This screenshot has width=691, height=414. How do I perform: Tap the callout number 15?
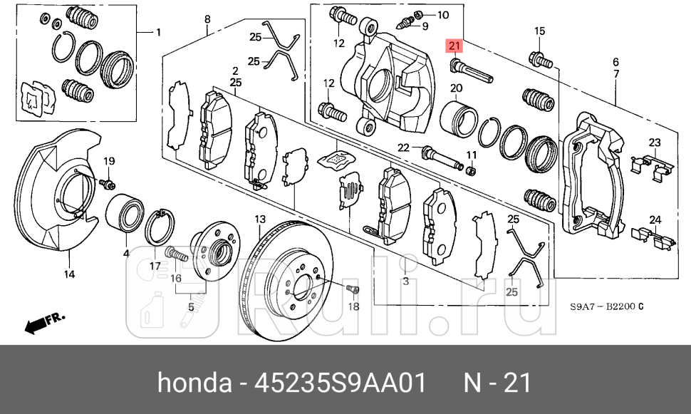539,31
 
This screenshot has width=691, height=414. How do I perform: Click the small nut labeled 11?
470,170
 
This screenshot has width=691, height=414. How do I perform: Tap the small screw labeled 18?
353,289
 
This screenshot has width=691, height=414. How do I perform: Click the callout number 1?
158,32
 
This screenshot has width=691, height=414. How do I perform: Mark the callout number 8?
207,19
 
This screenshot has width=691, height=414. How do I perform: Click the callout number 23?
655,143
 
